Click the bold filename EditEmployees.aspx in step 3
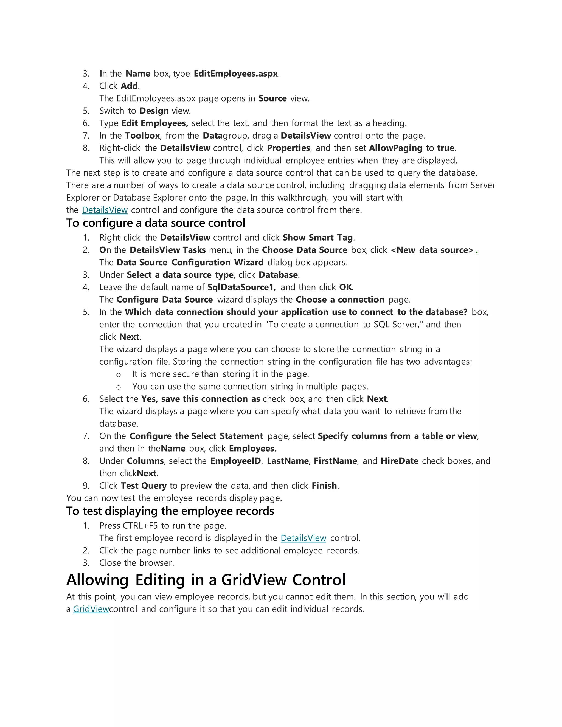click(x=235, y=74)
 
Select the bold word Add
click(x=129, y=86)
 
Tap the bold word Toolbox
click(x=142, y=136)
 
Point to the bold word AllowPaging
click(x=395, y=148)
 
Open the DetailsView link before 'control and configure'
click(x=105, y=210)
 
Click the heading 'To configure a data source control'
click(x=156, y=223)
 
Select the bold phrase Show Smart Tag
click(x=317, y=238)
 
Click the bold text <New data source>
click(x=432, y=250)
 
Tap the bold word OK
click(x=345, y=287)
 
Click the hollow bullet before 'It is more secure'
click(x=118, y=375)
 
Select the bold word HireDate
click(x=399, y=461)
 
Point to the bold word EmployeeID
click(x=235, y=461)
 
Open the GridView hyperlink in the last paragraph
click(x=91, y=609)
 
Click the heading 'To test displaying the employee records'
click(x=170, y=511)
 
